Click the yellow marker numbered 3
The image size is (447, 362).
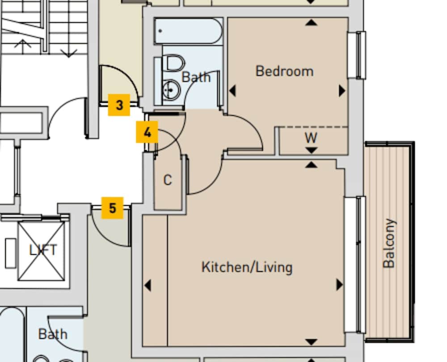[119, 105]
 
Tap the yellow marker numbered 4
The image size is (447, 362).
[147, 132]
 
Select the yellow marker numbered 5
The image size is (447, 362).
[112, 208]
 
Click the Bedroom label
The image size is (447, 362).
[284, 71]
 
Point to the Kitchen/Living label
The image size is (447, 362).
[247, 267]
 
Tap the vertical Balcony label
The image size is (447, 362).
[389, 243]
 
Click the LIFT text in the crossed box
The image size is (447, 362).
[43, 250]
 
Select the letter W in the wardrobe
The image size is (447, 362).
[311, 138]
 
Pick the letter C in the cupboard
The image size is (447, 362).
[168, 180]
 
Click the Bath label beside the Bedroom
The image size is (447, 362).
[196, 77]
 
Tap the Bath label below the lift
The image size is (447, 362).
[53, 334]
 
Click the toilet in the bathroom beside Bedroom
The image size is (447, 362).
[174, 63]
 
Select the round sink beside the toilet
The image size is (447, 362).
[170, 90]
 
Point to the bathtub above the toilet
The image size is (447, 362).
[188, 31]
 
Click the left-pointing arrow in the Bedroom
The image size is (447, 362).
[232, 91]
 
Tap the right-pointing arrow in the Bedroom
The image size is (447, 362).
[342, 91]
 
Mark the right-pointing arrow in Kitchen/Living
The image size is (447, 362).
[339, 285]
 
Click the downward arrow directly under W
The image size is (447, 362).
[311, 151]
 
